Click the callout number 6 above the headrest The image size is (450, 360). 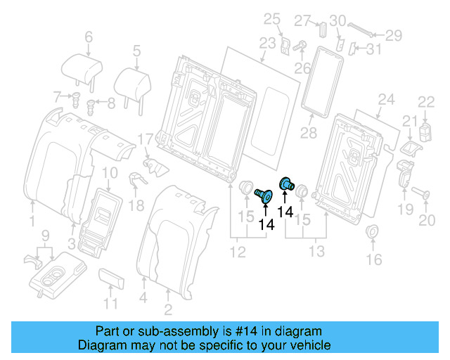point(89,37)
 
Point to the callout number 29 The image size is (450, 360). point(393,34)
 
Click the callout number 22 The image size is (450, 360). point(427,102)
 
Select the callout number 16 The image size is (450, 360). point(373,259)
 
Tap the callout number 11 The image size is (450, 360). point(110,304)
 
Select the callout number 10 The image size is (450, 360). point(110,174)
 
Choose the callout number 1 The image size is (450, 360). point(31,222)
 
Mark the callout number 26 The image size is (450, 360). point(302,68)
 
